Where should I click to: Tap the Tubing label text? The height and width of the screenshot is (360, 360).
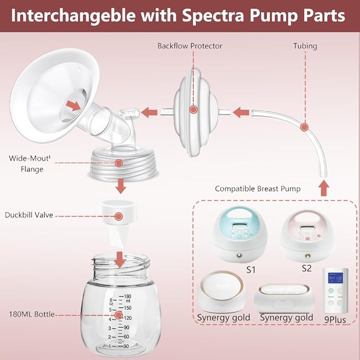305,46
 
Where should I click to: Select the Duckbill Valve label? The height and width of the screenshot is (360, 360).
30,215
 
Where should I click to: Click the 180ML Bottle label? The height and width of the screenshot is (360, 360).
30,314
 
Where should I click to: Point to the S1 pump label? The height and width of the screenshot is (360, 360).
251,269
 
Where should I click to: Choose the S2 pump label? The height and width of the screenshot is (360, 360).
306,268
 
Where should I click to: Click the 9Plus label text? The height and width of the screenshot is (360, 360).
336,320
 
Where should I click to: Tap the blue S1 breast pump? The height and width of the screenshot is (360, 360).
240,233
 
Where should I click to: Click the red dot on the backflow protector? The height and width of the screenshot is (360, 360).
193,110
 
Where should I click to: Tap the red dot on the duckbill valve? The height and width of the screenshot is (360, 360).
119,216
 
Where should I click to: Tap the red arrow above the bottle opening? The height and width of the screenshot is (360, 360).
120,259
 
